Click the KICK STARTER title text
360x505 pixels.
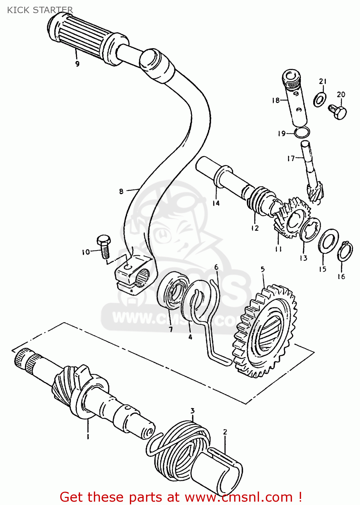point(40,10)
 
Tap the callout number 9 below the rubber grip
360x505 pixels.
point(77,64)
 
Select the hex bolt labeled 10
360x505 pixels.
point(103,247)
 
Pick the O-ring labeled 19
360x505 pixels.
point(302,133)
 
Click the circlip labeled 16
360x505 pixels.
point(345,251)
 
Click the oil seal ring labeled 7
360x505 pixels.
point(172,291)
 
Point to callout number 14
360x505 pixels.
point(216,203)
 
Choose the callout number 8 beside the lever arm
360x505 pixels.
point(121,192)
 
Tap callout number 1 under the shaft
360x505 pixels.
point(88,437)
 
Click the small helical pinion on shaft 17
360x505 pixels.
point(315,192)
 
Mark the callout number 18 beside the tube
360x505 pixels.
point(276,100)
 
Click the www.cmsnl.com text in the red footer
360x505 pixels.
point(239,497)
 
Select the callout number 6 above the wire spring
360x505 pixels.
point(216,267)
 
